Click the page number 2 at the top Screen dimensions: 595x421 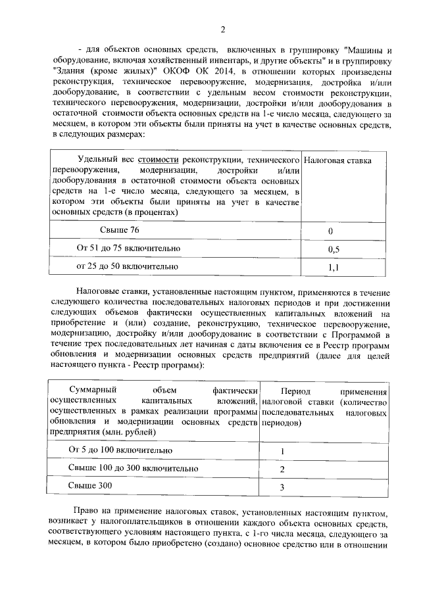[x=222, y=29]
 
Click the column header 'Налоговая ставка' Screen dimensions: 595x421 [x=338, y=160]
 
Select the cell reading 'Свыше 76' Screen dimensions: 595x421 [x=119, y=229]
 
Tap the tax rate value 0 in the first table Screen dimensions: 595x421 [x=330, y=231]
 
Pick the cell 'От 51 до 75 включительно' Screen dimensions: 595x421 [x=128, y=249]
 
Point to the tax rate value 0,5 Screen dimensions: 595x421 [x=333, y=250]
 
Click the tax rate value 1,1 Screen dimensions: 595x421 [x=333, y=268]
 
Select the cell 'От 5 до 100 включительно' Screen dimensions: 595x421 [x=120, y=450]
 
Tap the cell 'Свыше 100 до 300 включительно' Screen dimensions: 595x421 [x=133, y=468]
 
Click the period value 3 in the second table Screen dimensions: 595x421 [x=282, y=487]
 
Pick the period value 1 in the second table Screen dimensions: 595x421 [x=282, y=452]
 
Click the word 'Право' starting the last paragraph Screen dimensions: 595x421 [x=86, y=509]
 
